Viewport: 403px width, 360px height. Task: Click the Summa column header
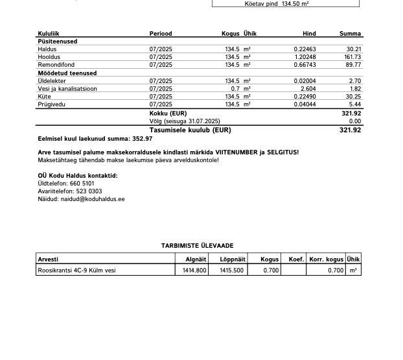click(x=350, y=33)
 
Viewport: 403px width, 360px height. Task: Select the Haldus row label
click(x=47, y=49)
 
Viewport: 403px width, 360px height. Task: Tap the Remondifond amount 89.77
click(x=353, y=64)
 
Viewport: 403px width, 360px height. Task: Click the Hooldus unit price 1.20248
click(x=305, y=56)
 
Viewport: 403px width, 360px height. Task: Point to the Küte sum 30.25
click(x=353, y=96)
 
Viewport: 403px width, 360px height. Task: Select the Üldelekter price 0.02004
click(x=305, y=80)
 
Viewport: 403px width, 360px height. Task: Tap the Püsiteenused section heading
click(x=57, y=41)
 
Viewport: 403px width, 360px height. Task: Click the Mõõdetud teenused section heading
click(x=67, y=73)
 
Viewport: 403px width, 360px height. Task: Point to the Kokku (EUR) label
click(x=168, y=113)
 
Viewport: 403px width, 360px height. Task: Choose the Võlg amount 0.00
click(x=354, y=121)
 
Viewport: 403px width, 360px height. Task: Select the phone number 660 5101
click(x=82, y=184)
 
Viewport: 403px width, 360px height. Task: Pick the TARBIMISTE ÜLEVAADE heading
click(x=197, y=245)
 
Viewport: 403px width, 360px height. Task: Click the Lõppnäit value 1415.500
click(x=231, y=270)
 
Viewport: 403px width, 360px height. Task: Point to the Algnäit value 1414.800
click(x=194, y=270)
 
